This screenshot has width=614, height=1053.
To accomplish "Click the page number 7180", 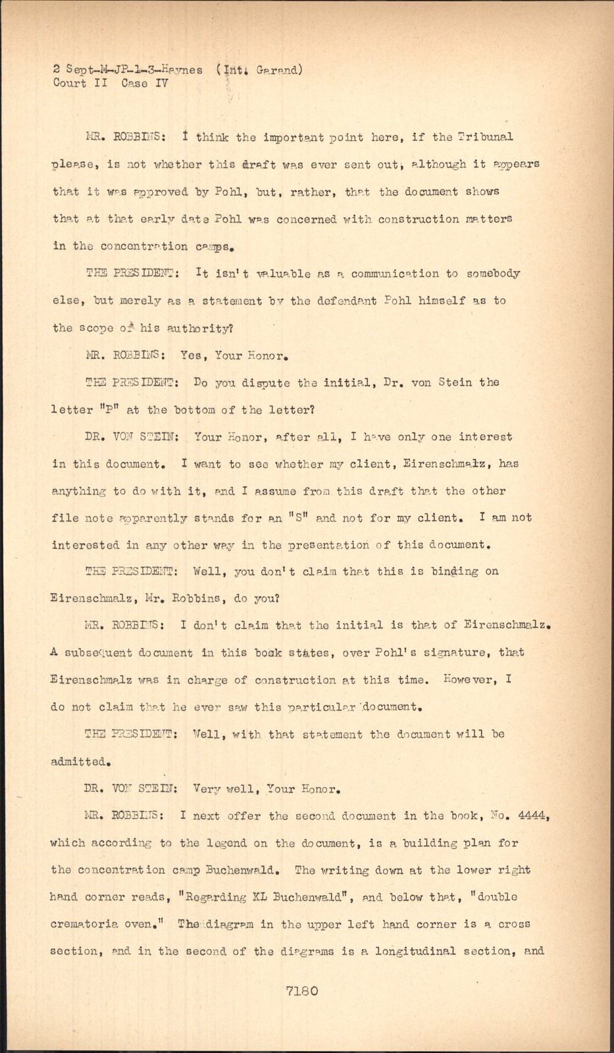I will coord(302,990).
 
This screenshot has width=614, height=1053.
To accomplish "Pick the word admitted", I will coord(79,762).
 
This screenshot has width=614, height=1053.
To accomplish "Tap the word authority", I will coord(195,328).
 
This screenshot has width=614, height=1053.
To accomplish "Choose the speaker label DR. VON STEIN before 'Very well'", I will coord(132,788).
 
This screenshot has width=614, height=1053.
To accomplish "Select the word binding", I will coord(454,572).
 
